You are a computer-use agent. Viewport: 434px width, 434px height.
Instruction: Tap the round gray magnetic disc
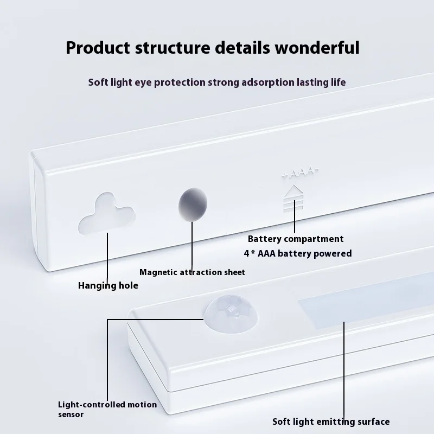pos(193,204)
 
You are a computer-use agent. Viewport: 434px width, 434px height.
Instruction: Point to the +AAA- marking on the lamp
pos(300,174)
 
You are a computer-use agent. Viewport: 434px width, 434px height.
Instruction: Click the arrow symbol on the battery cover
pos(295,199)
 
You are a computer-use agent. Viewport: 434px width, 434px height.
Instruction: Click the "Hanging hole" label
pos(108,285)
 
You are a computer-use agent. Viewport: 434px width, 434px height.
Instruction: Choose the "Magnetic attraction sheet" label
pos(192,272)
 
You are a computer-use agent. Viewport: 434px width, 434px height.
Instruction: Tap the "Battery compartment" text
pos(296,239)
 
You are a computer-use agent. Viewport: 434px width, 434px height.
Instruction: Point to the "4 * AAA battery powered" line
pos(297,253)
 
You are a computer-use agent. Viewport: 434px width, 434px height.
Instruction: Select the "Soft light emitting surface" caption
pos(331,422)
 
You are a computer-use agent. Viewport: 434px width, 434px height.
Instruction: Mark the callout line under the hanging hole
pos(107,255)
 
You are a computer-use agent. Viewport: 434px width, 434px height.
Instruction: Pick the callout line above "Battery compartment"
pos(295,222)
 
